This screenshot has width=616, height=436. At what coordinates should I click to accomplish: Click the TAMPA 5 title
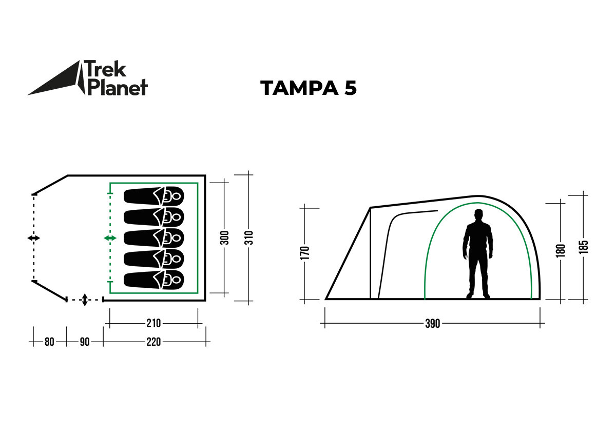pyautogui.click(x=308, y=88)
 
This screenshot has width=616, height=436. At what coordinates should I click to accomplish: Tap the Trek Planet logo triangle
pyautogui.click(x=56, y=82)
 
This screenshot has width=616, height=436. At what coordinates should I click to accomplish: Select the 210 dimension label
pyautogui.click(x=153, y=323)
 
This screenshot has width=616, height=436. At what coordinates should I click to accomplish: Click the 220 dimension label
pyautogui.click(x=153, y=342)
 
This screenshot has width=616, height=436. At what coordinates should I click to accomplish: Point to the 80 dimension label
pyautogui.click(x=49, y=342)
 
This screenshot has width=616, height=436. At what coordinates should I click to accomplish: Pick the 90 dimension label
pyautogui.click(x=84, y=342)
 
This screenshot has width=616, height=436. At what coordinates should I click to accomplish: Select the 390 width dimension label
pyautogui.click(x=433, y=324)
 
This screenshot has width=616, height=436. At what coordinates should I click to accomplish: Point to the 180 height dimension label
pyautogui.click(x=561, y=250)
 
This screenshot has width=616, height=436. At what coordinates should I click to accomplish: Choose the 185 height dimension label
pyautogui.click(x=584, y=247)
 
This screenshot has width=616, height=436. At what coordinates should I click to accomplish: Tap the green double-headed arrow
pyautogui.click(x=110, y=238)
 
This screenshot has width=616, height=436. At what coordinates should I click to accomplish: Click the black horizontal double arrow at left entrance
pyautogui.click(x=34, y=239)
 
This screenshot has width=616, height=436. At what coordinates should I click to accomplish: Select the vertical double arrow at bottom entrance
pyautogui.click(x=85, y=300)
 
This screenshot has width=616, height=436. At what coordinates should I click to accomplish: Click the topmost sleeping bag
pyautogui.click(x=153, y=196)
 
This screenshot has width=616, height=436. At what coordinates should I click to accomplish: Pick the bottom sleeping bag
pyautogui.click(x=153, y=280)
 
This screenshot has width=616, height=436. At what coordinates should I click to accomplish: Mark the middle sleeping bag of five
pyautogui.click(x=153, y=238)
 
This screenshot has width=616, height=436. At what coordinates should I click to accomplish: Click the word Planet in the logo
pyautogui.click(x=118, y=87)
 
